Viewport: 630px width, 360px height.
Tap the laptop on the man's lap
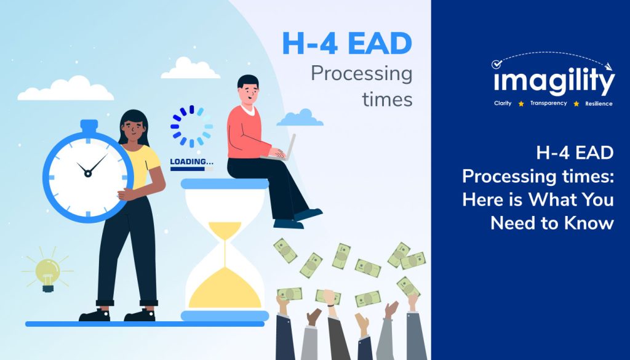click(282, 150)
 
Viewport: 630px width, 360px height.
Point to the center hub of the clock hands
click(88, 174)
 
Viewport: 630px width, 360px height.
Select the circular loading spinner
click(192, 126)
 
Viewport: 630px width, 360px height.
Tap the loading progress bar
click(192, 169)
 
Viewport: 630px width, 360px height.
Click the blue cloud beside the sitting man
click(300, 118)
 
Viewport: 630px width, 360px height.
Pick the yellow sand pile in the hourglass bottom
click(225, 290)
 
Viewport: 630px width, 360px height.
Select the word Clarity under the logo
click(503, 103)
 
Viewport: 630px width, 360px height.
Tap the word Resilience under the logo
click(599, 103)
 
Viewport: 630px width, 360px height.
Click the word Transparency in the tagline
click(548, 103)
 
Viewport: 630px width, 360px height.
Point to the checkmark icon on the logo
click(496, 64)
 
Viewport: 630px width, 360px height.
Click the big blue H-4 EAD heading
click(347, 44)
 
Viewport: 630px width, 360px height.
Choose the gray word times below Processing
click(388, 99)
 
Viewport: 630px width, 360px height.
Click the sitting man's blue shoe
click(308, 214)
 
